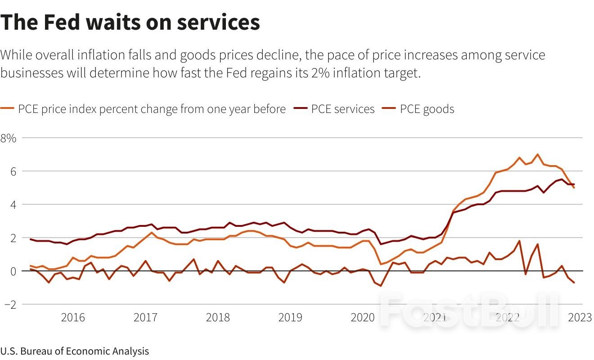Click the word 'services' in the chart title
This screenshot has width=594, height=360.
tap(218, 22)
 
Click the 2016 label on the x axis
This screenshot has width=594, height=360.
tap(73, 318)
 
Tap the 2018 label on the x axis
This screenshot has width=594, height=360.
tap(218, 318)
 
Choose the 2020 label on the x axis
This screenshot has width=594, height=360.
tap(363, 318)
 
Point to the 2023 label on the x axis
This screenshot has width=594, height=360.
tap(579, 318)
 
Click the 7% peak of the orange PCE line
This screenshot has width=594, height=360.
tap(537, 154)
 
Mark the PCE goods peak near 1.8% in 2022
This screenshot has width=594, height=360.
tap(519, 241)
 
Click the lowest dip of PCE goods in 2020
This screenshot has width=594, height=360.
tap(381, 286)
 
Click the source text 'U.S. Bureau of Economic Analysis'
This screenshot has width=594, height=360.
tap(74, 351)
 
